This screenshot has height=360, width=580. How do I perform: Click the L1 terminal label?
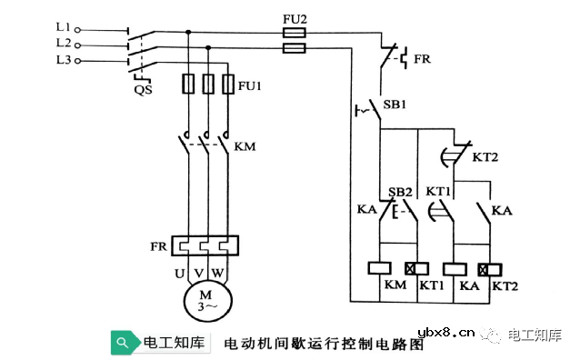(63, 28)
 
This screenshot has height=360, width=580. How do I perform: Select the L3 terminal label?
(63, 59)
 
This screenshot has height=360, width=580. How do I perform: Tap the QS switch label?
(143, 90)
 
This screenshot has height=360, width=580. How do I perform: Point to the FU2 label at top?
(294, 15)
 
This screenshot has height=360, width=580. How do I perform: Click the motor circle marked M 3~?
(208, 300)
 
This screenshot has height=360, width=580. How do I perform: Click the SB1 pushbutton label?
(396, 105)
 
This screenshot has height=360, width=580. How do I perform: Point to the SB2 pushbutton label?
(399, 193)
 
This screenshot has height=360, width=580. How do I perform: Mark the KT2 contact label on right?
(484, 157)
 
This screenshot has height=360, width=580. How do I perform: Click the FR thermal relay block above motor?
(206, 246)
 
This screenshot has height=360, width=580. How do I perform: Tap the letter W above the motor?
(216, 272)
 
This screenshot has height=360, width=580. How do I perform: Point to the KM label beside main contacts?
(245, 146)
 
